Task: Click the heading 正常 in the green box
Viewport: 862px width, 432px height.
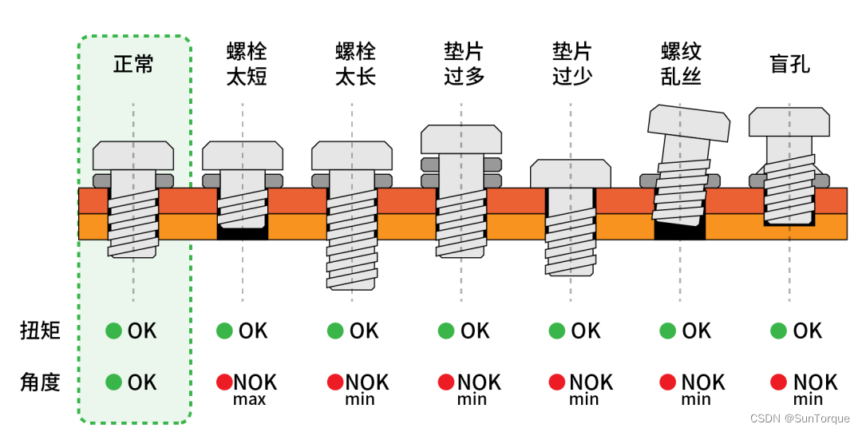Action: (x=133, y=65)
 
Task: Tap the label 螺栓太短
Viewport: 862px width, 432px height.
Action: (x=247, y=65)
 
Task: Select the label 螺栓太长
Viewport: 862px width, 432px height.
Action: (x=355, y=65)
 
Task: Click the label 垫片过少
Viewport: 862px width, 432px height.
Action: (x=572, y=65)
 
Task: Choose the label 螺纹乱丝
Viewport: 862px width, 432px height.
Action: (x=681, y=65)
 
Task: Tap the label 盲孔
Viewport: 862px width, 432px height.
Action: (x=789, y=65)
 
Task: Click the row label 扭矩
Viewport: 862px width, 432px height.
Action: (x=40, y=331)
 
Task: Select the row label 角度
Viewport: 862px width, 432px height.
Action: (x=40, y=382)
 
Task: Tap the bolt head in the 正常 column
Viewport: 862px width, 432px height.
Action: (x=133, y=156)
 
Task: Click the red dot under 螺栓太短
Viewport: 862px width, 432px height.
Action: (x=224, y=382)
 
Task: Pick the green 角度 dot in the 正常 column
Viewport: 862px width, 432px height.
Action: (x=114, y=382)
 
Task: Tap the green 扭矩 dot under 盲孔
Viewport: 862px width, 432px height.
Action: (x=778, y=331)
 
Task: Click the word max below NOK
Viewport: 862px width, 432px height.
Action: (x=249, y=399)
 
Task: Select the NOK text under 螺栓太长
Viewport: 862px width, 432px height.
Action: (x=367, y=382)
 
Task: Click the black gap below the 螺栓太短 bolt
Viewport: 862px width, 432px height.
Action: (x=243, y=232)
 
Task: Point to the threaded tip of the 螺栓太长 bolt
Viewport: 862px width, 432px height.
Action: (x=352, y=275)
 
